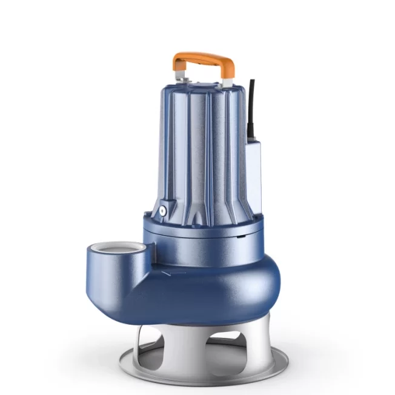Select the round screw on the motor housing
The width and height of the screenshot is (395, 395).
[x=163, y=211]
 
